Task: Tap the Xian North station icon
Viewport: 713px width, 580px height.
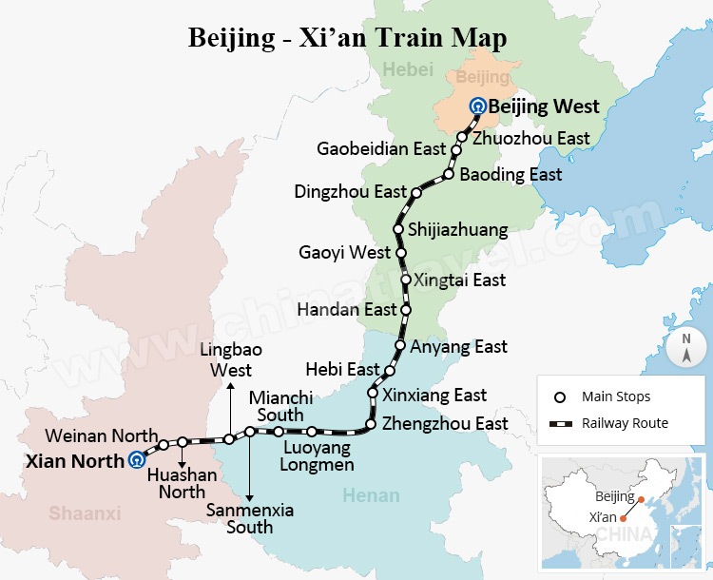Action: pyautogui.click(x=138, y=460)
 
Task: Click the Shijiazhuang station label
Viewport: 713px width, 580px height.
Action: pyautogui.click(x=457, y=230)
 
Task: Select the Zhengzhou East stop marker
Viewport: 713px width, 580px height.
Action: pyautogui.click(x=371, y=424)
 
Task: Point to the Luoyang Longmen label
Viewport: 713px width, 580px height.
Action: pyautogui.click(x=317, y=455)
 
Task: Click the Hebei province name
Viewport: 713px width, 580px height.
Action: pyautogui.click(x=407, y=68)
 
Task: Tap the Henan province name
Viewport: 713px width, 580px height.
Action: pyautogui.click(x=370, y=495)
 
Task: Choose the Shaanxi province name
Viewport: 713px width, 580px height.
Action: pyautogui.click(x=86, y=513)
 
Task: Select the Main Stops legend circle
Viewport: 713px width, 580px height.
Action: pyautogui.click(x=561, y=396)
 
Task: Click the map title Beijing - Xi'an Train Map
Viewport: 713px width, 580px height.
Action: pyautogui.click(x=348, y=37)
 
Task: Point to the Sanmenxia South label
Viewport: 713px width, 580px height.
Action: pyautogui.click(x=250, y=518)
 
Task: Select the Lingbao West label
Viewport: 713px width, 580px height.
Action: pyautogui.click(x=225, y=359)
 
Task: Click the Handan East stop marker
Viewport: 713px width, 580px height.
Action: pyautogui.click(x=406, y=310)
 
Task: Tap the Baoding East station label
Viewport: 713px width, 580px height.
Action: pyautogui.click(x=511, y=175)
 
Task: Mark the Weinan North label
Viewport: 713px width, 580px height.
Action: pyautogui.click(x=101, y=435)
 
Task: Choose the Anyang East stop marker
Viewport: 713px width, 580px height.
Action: pyautogui.click(x=401, y=347)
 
